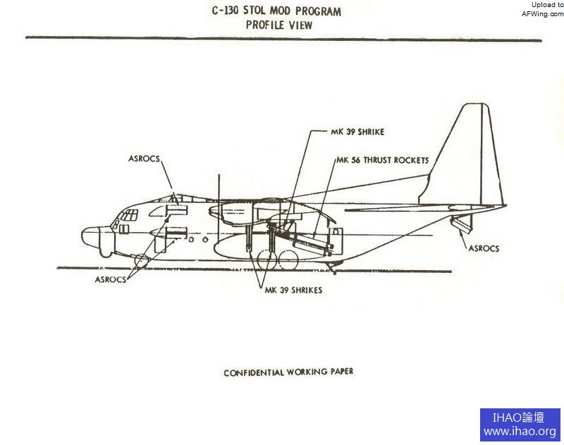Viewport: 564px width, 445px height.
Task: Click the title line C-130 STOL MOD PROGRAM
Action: tap(276, 12)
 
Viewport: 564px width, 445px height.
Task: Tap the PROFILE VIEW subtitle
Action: tap(279, 25)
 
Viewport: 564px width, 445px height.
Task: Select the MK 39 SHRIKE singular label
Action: tap(357, 131)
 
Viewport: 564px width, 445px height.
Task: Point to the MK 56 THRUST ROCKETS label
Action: tap(382, 161)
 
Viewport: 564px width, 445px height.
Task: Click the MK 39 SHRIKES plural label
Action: tap(293, 290)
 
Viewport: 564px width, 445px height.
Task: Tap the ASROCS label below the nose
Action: tap(111, 279)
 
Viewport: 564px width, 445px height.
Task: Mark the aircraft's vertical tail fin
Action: tap(469, 155)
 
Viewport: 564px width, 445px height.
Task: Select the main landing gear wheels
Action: tap(276, 260)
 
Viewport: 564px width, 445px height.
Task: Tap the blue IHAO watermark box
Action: tap(520, 425)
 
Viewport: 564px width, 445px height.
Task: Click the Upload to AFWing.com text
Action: tap(542, 8)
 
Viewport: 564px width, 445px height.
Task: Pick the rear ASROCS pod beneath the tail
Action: tap(462, 224)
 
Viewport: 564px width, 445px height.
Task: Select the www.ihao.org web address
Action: tap(520, 432)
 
